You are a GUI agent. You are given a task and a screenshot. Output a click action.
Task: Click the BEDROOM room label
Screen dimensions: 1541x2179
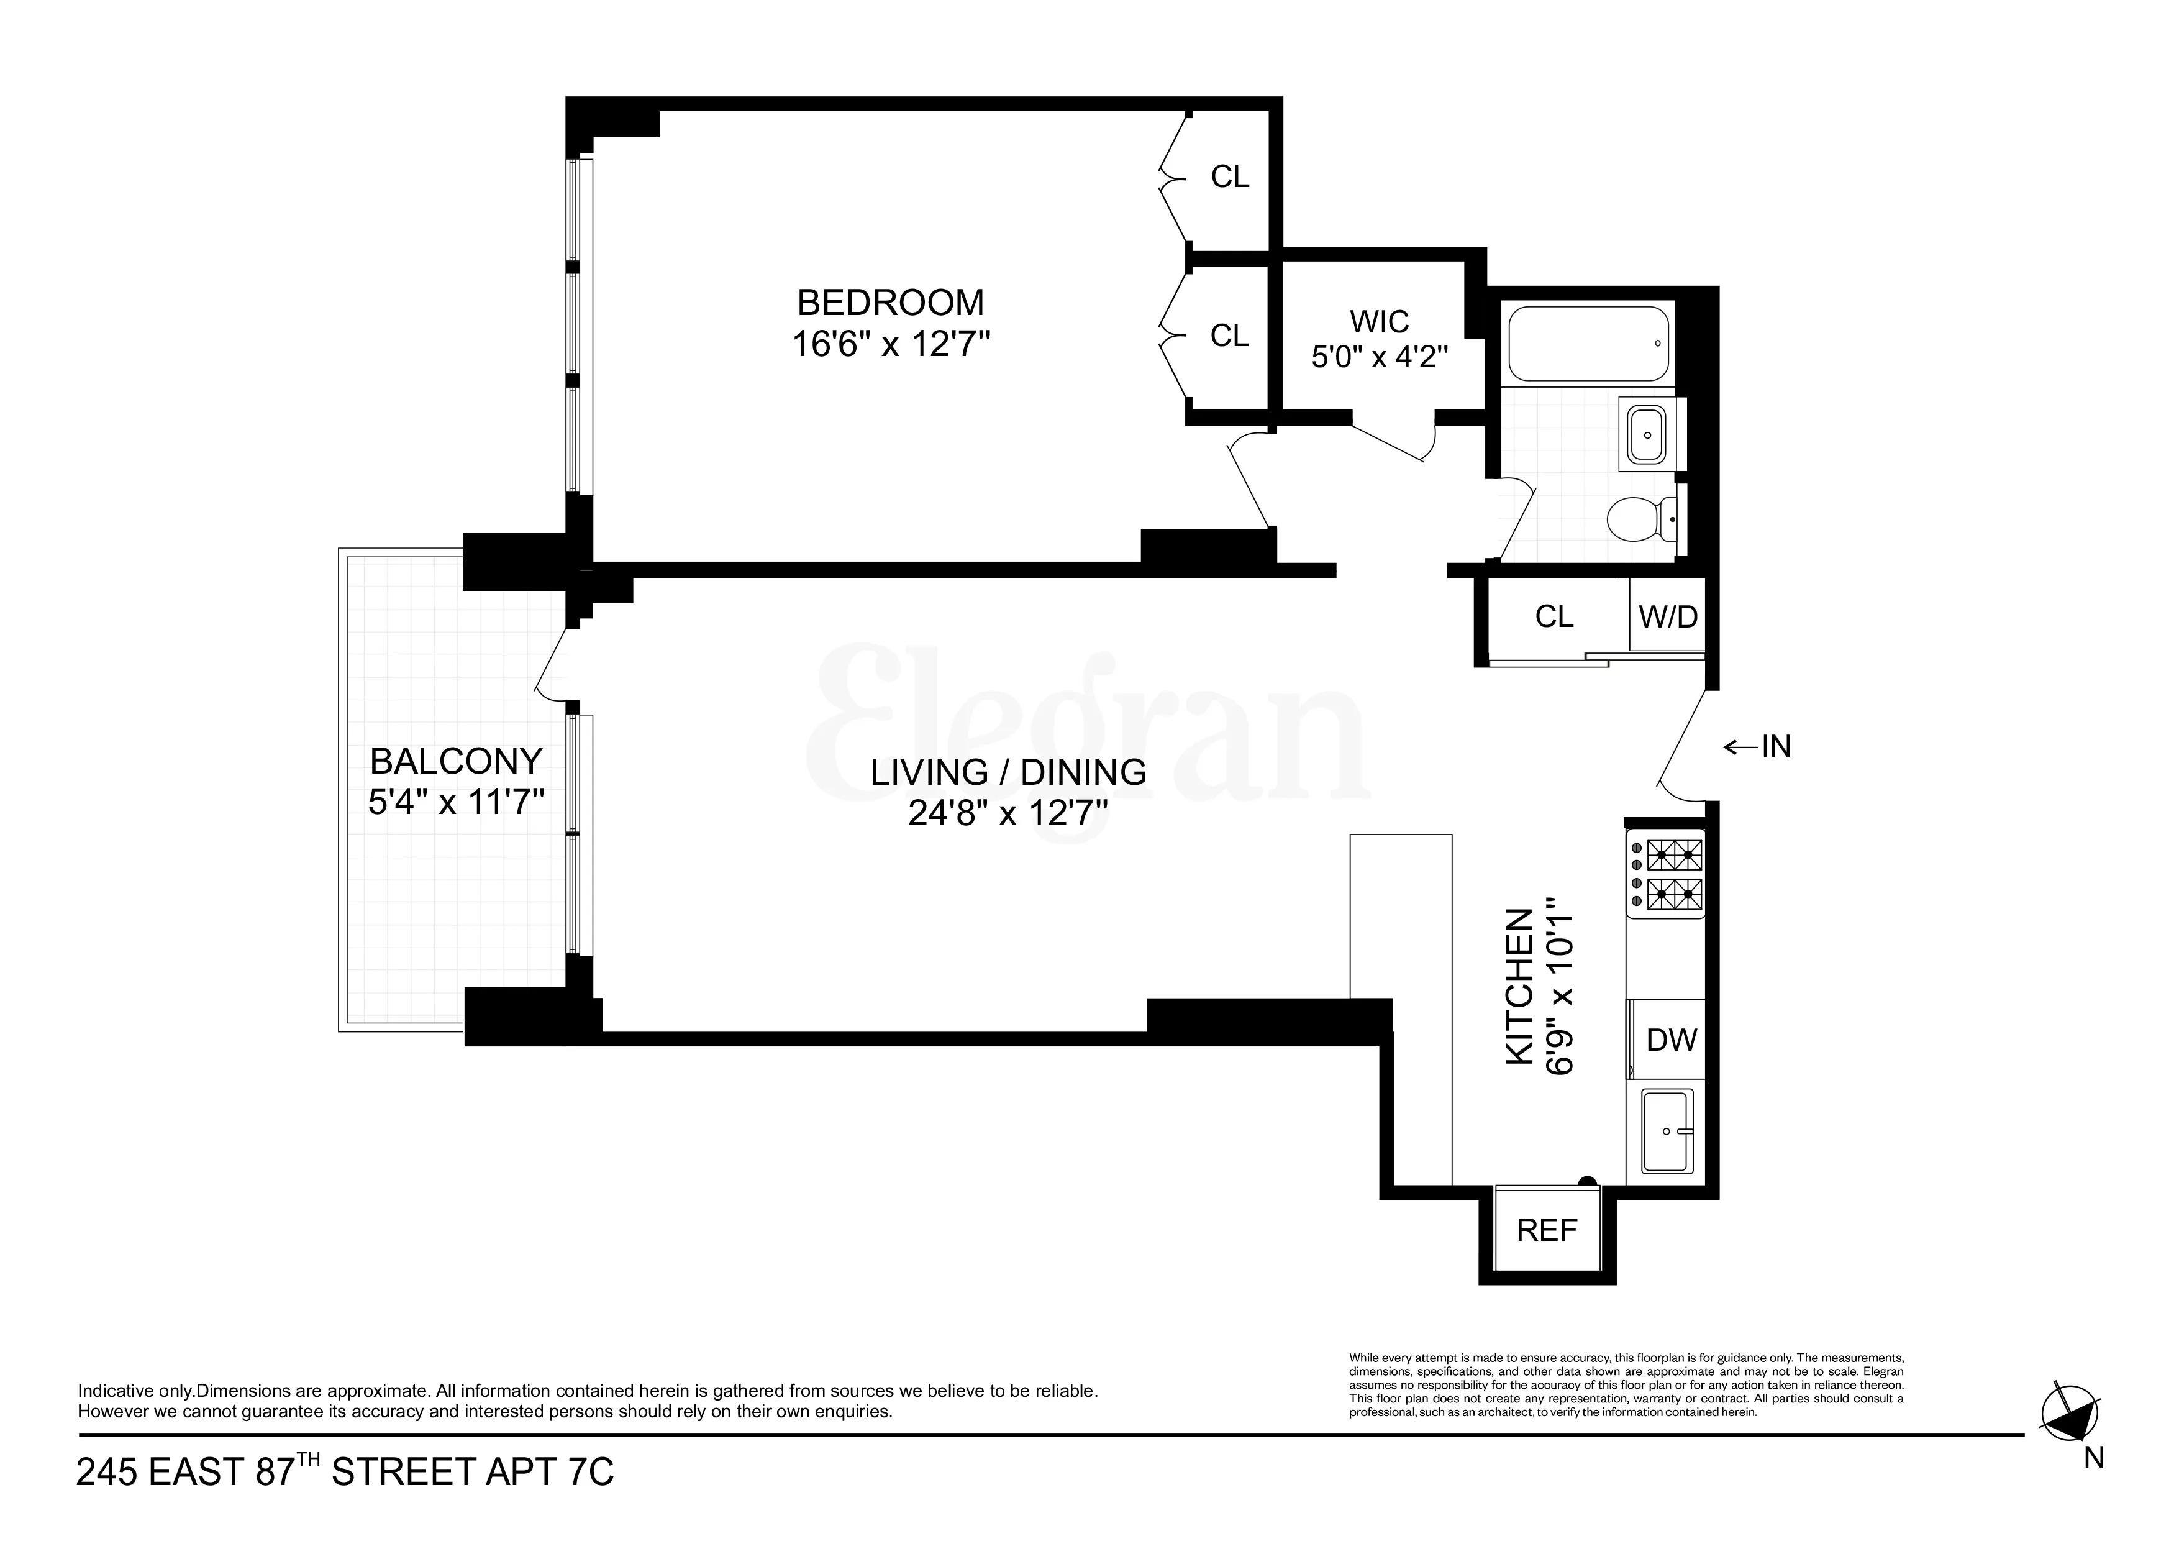[x=890, y=303]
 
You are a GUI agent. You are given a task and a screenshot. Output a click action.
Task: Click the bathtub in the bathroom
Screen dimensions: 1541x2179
[x=1588, y=344]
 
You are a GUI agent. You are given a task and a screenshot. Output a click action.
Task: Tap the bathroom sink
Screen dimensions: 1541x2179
[x=1647, y=436]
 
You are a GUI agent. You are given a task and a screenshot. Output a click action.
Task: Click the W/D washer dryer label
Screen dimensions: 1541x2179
[x=1667, y=616]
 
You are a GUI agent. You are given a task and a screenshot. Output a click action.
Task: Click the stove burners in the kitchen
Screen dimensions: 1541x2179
[x=1673, y=874]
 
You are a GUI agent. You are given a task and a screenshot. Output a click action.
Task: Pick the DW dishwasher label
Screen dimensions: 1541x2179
[x=1672, y=1040]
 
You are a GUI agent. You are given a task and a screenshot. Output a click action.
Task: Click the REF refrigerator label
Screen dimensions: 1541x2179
[x=1547, y=1230]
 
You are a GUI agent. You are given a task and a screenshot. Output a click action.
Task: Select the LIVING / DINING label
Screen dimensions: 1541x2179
[x=1008, y=772]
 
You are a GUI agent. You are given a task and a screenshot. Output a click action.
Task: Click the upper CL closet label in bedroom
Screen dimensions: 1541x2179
[x=1230, y=176]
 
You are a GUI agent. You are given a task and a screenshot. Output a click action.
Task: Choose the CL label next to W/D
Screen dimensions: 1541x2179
[x=1554, y=616]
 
